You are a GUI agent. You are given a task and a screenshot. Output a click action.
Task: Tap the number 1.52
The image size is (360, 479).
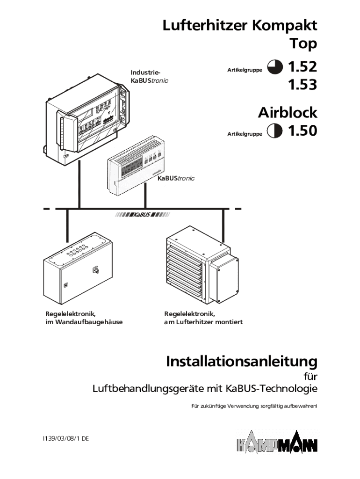pos(302,67)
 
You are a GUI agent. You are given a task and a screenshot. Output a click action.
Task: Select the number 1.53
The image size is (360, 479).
pos(302,85)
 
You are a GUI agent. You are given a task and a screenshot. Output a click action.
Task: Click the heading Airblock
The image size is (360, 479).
pos(288,113)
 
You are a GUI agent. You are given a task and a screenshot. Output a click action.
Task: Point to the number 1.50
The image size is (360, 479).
pos(302,131)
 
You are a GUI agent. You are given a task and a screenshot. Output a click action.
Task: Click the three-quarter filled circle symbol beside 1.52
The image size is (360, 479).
pos(275,68)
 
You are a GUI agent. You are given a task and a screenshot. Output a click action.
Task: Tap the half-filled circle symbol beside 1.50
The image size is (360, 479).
pos(275,131)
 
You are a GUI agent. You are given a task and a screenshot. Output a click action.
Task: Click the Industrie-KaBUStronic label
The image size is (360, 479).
pos(149,77)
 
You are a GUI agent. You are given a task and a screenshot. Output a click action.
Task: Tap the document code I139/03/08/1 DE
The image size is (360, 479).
pos(65,439)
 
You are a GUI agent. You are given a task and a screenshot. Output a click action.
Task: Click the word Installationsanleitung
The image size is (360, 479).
pos(241,362)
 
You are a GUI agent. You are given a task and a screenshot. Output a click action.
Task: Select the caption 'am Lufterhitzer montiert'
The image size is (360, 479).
pos(203,322)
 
